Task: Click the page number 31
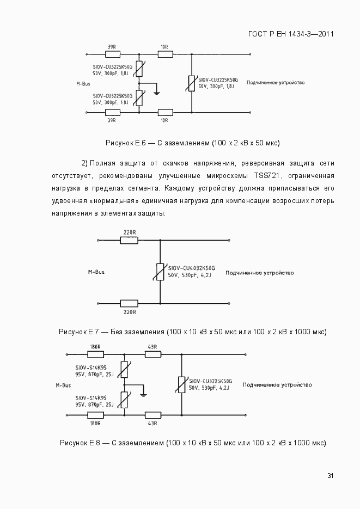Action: [330, 476]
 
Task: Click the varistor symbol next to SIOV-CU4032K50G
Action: [160, 272]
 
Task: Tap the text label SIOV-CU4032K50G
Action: [192, 268]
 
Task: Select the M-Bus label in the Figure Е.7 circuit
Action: [96, 271]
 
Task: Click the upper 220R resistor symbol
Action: [129, 240]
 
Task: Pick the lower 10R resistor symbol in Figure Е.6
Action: [164, 112]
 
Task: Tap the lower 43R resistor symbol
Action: [152, 415]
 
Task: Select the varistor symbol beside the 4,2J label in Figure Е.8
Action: [181, 384]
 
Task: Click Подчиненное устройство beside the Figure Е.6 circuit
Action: [275, 83]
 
